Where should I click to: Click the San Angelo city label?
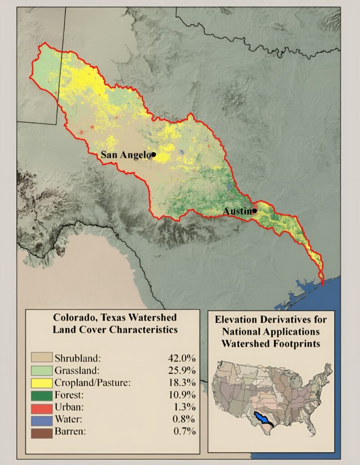[125, 155]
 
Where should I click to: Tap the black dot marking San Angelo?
[154, 154]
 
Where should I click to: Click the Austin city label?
[237, 211]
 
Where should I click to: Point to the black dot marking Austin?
[255, 211]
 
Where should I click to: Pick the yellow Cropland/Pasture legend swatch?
[41, 382]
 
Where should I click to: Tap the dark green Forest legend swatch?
[41, 394]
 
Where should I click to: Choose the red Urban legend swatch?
[41, 407]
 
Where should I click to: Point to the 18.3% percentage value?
[182, 382]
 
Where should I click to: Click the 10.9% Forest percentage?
[182, 394]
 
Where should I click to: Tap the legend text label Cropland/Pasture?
[92, 382]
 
